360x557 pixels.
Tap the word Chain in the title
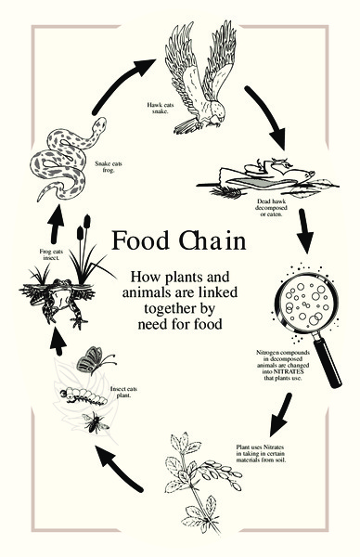click(213, 240)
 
